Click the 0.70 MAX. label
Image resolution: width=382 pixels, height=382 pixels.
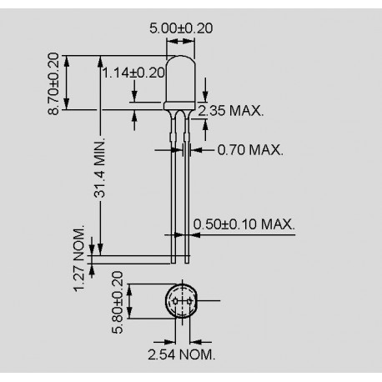point(249,151)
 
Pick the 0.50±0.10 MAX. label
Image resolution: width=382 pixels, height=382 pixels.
point(244,224)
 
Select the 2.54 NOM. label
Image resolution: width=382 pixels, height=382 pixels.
point(181,354)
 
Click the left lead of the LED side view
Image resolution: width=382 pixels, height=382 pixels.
point(173,183)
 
